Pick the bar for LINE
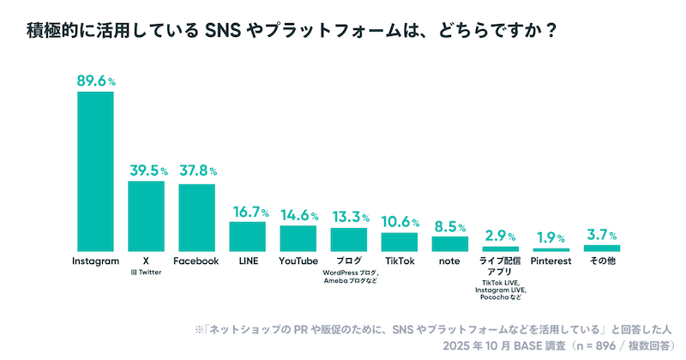click(x=247, y=236)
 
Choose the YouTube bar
click(x=298, y=237)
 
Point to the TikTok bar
click(x=399, y=241)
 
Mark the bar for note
click(x=449, y=243)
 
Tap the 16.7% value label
click(x=248, y=211)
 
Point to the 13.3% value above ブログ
click(x=349, y=216)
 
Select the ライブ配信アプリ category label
click(x=501, y=266)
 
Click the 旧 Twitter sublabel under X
click(x=146, y=273)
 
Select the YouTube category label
click(x=298, y=261)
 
